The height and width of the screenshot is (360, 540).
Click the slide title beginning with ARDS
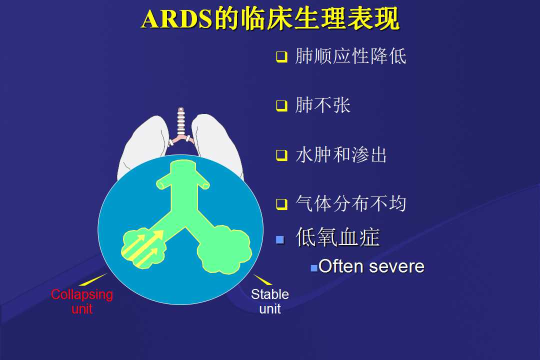coord(270,18)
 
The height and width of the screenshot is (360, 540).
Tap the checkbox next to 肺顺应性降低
coord(281,56)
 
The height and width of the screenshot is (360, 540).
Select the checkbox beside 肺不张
coord(281,106)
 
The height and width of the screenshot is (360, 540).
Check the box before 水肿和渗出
coord(281,155)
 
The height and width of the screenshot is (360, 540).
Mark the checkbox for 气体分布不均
coord(281,204)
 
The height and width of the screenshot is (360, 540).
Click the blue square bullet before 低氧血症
coord(280,240)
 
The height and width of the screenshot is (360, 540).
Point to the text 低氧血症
coord(338,237)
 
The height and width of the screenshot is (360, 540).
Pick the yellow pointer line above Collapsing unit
coord(93,279)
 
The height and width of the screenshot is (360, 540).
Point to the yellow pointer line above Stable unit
coord(263,279)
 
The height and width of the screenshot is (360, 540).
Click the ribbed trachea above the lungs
coord(181,122)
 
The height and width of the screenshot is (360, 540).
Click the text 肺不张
coord(322,105)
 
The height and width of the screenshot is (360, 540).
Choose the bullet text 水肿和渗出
coord(341,154)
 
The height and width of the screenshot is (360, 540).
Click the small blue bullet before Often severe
coord(313,268)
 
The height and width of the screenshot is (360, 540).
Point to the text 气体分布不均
coord(351,203)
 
